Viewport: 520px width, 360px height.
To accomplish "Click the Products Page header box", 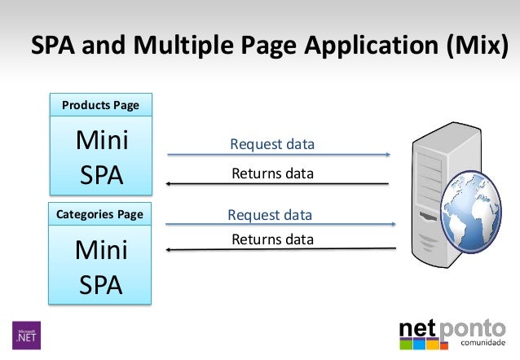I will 100,105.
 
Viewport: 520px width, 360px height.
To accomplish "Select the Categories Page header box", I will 100,215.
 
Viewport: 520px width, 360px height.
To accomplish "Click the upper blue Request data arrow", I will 278,155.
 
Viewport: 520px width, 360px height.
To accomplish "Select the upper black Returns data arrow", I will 278,183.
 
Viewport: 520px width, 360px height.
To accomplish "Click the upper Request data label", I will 272,145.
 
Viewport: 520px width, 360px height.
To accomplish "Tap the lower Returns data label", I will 272,239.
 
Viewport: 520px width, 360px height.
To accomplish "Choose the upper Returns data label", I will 272,173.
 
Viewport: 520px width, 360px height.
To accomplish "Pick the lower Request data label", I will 270,215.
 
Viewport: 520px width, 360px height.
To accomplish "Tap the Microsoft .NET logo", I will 26,334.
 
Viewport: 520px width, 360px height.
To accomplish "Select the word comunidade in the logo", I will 484,343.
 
